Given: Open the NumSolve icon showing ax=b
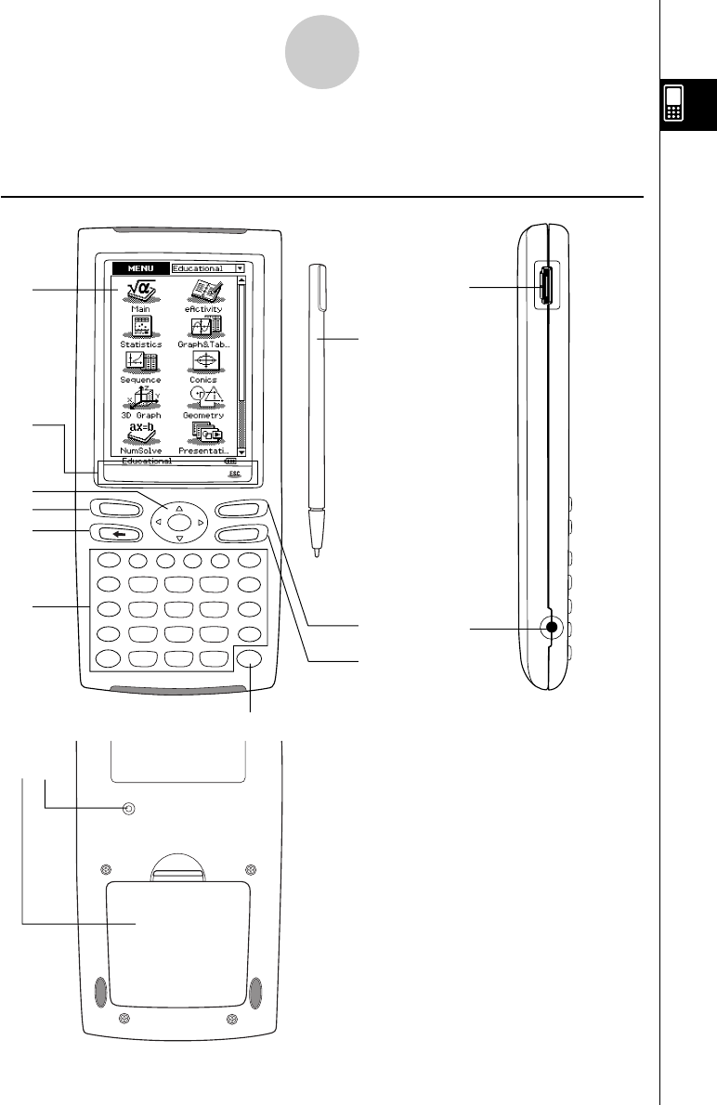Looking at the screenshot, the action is (x=140, y=435).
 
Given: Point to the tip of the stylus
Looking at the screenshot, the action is (x=317, y=554).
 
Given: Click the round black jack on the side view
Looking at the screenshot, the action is (x=553, y=628).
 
